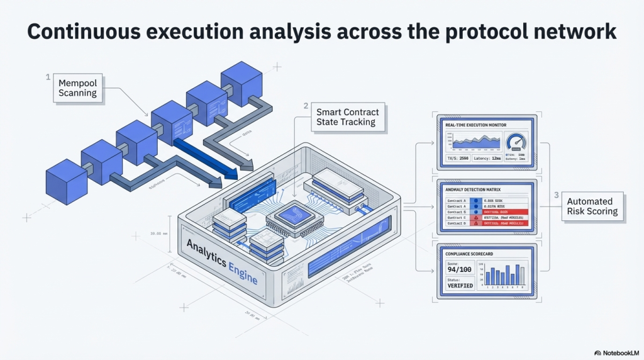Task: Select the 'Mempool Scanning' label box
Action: pos(77,88)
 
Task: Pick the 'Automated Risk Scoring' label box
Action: pos(592,206)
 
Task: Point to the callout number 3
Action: pos(556,195)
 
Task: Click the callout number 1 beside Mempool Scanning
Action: pos(48,77)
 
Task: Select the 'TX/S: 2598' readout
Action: pos(457,159)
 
